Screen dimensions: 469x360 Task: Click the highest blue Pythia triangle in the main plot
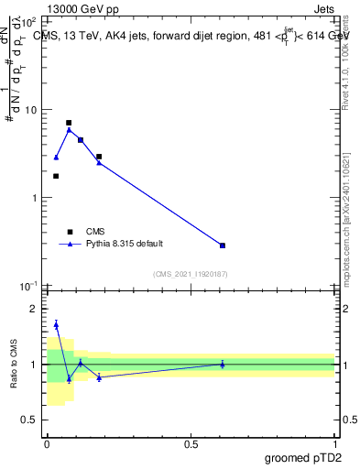pyautogui.click(x=69, y=130)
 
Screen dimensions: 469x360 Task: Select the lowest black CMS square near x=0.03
pyautogui.click(x=56, y=176)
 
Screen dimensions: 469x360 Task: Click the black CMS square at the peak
pyautogui.click(x=69, y=123)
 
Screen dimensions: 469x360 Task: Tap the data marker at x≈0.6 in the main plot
pyautogui.click(x=223, y=245)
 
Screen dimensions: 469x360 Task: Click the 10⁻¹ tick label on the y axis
pyautogui.click(x=28, y=287)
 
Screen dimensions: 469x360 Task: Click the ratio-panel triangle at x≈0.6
pyautogui.click(x=223, y=364)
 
